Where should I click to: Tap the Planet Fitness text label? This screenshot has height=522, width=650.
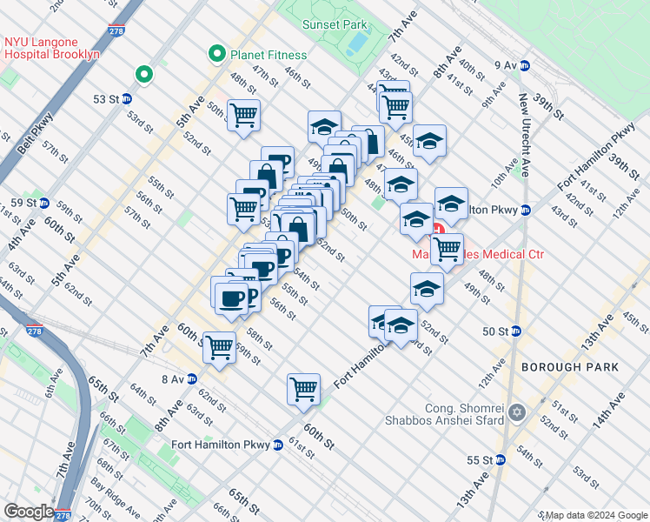click(x=269, y=55)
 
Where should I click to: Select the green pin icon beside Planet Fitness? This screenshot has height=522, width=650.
click(x=217, y=55)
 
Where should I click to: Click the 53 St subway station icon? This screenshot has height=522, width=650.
click(x=127, y=98)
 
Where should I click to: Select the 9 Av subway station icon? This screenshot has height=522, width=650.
click(x=525, y=65)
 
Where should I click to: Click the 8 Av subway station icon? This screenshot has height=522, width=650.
click(x=192, y=378)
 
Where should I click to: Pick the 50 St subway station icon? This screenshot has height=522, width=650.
click(x=515, y=331)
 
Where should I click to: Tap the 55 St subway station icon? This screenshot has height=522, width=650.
click(x=501, y=459)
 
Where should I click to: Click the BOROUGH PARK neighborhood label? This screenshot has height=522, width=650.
click(x=570, y=367)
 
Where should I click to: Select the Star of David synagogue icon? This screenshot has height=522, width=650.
click(x=517, y=412)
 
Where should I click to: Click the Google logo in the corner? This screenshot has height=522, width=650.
click(x=29, y=512)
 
